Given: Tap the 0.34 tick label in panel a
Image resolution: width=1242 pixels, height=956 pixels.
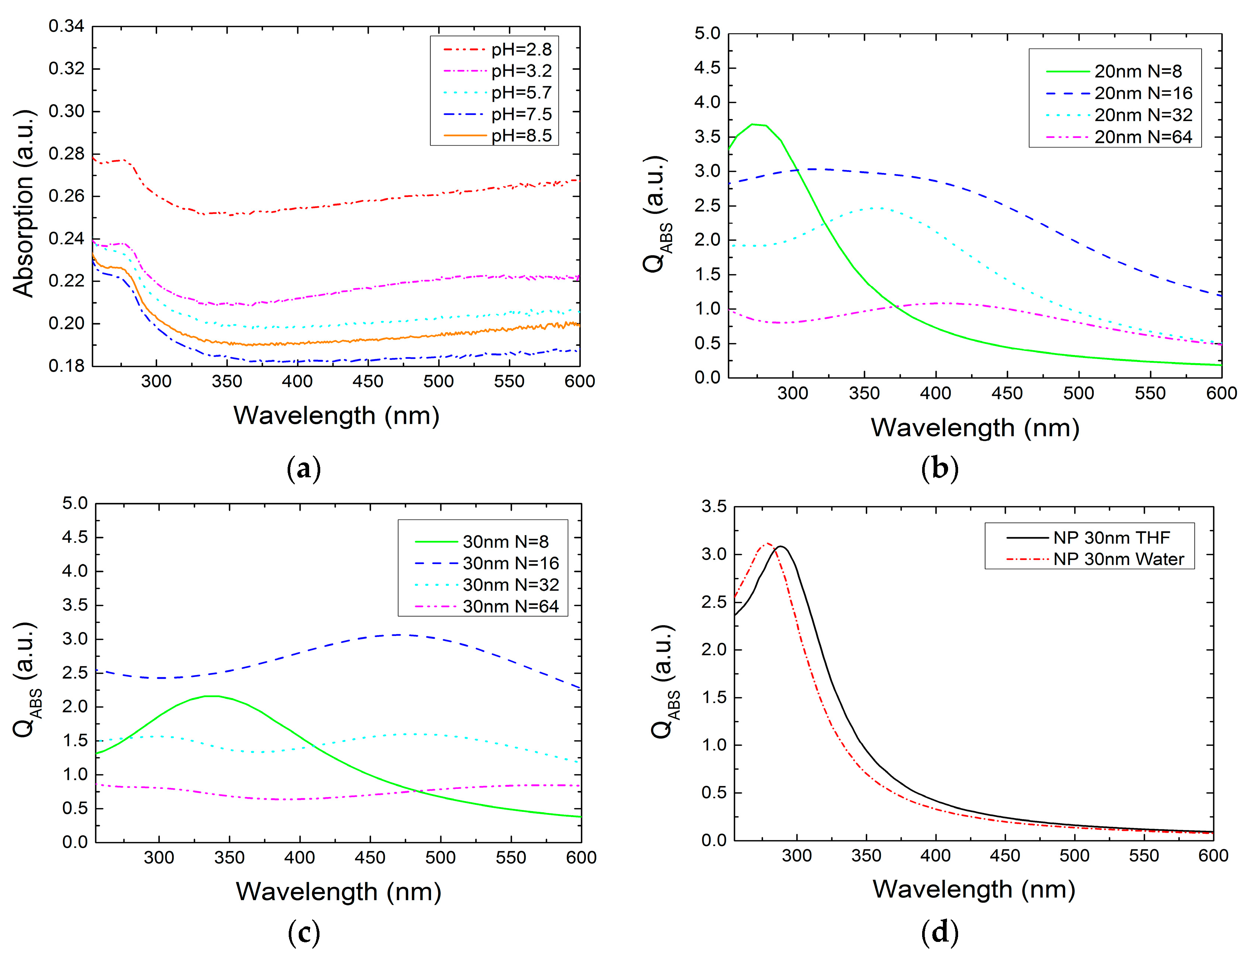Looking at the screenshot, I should [66, 26].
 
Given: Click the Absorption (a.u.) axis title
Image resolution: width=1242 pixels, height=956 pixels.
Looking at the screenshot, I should [24, 203].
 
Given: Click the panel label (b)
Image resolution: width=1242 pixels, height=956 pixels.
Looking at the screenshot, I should [940, 469].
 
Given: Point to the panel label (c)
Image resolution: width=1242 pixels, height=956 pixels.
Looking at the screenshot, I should [304, 933].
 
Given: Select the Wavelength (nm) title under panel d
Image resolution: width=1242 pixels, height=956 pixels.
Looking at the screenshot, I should [974, 890].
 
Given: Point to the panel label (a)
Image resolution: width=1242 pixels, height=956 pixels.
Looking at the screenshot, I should [304, 469].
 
